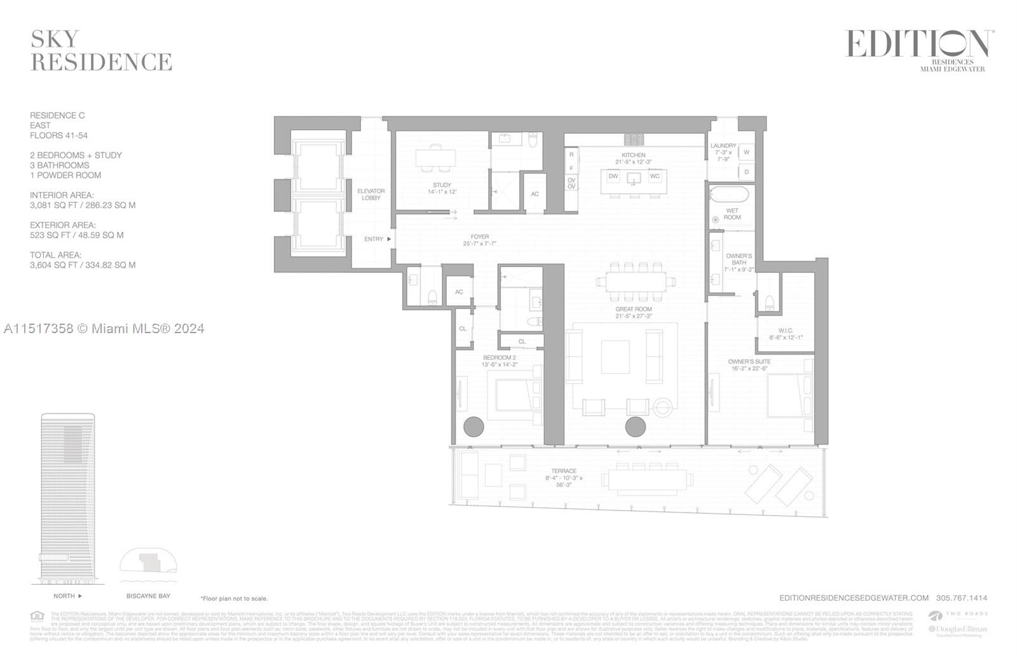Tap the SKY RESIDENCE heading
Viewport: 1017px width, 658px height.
point(101,51)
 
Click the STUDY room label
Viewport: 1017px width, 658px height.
point(442,188)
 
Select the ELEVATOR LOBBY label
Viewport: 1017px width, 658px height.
point(371,194)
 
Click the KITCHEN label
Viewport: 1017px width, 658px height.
point(633,155)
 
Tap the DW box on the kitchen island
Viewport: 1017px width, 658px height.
point(613,176)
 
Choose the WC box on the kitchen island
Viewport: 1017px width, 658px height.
point(655,176)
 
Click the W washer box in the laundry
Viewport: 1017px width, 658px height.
point(746,153)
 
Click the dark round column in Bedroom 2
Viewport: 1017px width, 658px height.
point(474,427)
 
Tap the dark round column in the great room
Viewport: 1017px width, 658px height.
point(635,427)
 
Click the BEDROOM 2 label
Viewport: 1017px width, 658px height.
point(499,361)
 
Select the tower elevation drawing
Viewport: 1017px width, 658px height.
point(67,499)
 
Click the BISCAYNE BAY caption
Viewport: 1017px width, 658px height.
point(148,596)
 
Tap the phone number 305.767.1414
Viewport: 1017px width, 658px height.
point(961,598)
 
